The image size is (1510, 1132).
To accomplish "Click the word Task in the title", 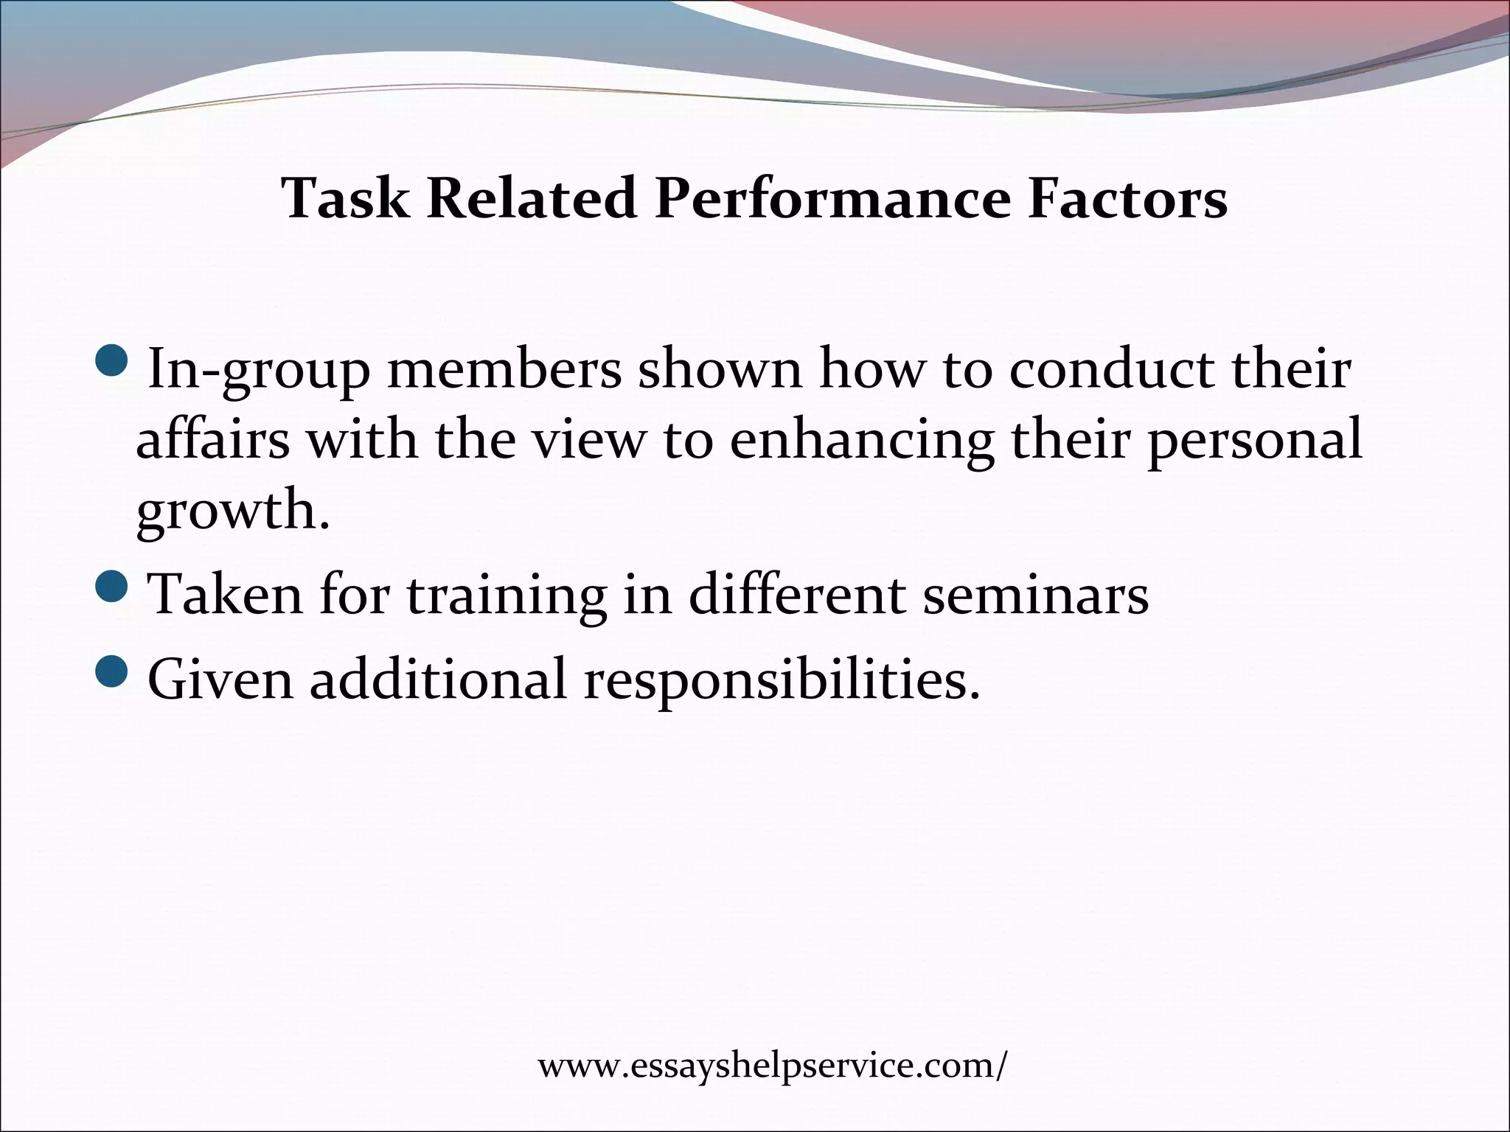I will [x=346, y=198].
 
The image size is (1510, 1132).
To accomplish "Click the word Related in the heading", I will [x=531, y=198].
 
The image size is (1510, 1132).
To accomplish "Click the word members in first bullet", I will [x=504, y=368].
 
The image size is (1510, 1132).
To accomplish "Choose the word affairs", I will [x=213, y=440].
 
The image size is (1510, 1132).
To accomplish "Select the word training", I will [x=507, y=595].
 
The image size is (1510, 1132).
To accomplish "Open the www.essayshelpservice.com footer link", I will [x=771, y=1066].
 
